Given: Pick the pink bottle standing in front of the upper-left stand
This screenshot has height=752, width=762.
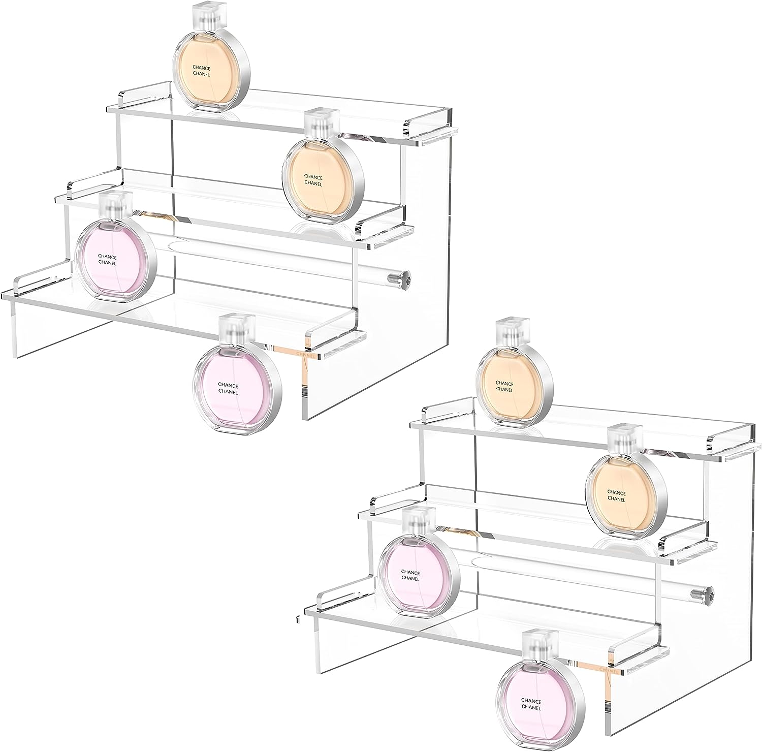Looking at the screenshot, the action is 238,375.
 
